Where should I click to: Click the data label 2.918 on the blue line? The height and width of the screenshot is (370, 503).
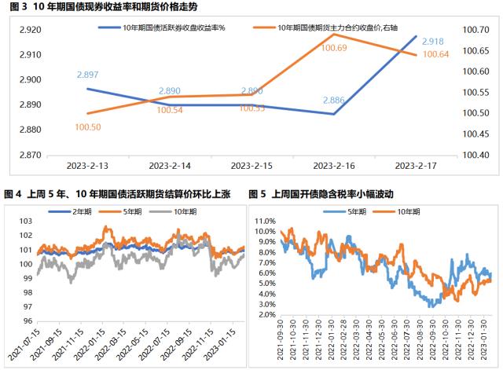[434, 41]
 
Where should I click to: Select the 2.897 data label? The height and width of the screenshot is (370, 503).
[87, 75]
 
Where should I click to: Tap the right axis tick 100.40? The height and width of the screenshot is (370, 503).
[478, 155]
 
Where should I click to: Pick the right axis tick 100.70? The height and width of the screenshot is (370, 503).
[478, 30]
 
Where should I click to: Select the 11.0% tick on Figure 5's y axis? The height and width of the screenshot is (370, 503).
[263, 222]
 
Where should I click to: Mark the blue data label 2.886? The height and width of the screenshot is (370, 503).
[336, 101]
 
